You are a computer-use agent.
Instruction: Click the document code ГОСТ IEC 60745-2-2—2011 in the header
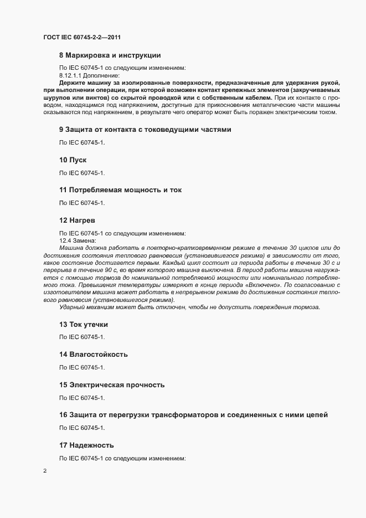tap(82, 38)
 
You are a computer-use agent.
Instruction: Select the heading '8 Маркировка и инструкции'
tap(110, 55)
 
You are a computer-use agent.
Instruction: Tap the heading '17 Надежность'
tap(86, 445)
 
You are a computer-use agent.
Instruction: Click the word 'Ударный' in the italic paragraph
tap(73, 307)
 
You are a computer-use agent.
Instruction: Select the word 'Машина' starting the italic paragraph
tap(71, 247)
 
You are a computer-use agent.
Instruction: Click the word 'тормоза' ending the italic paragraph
tap(307, 307)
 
